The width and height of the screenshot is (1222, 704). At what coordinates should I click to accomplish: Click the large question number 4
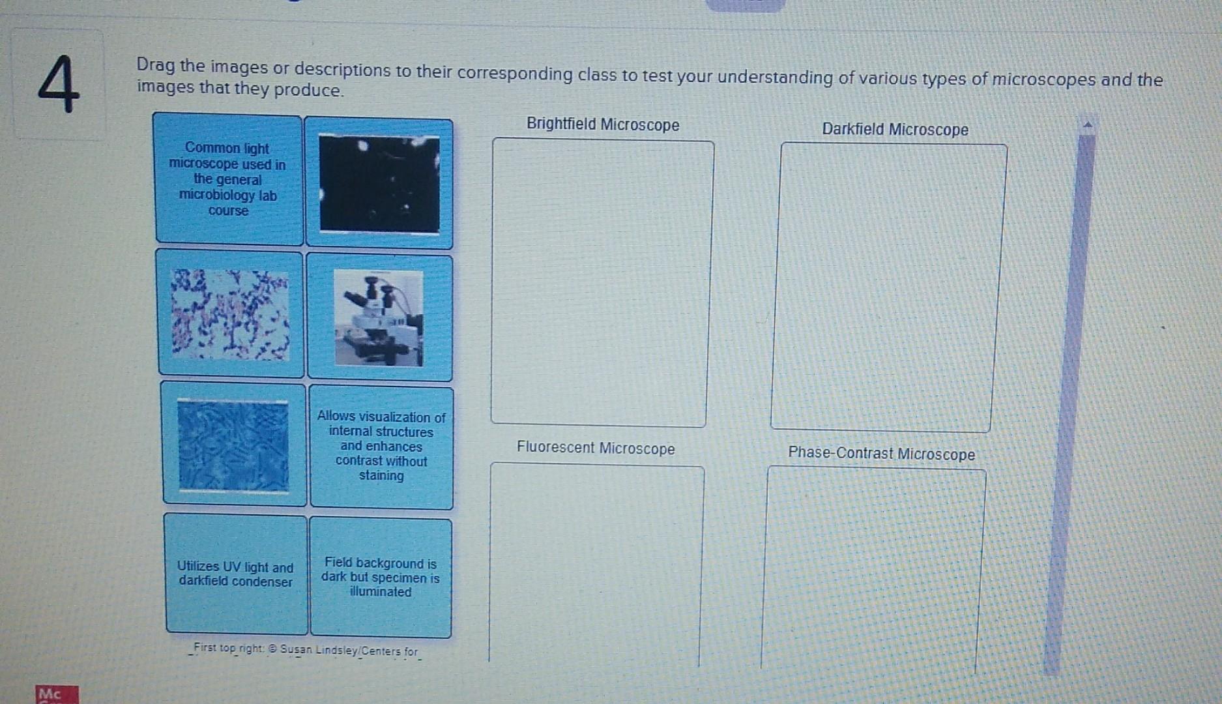coord(59,85)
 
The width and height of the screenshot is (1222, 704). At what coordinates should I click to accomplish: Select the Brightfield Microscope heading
coord(602,125)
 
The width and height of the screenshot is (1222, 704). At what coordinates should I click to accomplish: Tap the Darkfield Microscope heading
coord(894,129)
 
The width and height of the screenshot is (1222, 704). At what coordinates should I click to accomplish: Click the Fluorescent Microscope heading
coord(595,448)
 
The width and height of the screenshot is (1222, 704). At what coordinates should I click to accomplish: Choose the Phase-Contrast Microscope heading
coord(881,453)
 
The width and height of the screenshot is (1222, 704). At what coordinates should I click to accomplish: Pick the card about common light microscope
coord(228,179)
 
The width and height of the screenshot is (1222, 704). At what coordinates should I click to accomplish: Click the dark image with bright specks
coord(379,184)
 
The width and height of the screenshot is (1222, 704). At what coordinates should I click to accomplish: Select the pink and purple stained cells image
coord(231,314)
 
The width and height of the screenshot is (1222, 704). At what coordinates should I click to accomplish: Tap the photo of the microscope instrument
coord(379,318)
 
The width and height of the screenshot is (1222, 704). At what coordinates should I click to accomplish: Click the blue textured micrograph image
coord(233,445)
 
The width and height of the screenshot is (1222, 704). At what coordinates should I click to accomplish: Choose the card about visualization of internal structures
coord(381,446)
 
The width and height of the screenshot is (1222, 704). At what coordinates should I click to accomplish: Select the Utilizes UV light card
coord(235,574)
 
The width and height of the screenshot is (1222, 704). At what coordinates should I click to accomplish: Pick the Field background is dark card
coord(381,578)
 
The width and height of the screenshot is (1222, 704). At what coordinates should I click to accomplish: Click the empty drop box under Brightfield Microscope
coord(601,284)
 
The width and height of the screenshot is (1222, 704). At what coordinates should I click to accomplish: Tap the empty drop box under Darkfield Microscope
coord(888,287)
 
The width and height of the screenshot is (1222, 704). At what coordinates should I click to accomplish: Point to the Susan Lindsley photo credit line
coord(306,650)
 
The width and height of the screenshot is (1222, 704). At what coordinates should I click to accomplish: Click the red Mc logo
coord(57,694)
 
